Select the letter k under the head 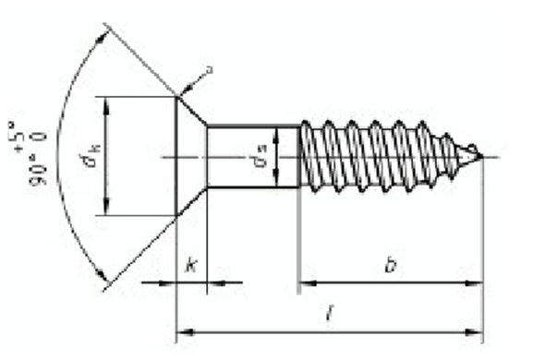[190, 268]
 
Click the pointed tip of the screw [479, 154]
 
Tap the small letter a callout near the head [210, 69]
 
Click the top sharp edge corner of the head [176, 96]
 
